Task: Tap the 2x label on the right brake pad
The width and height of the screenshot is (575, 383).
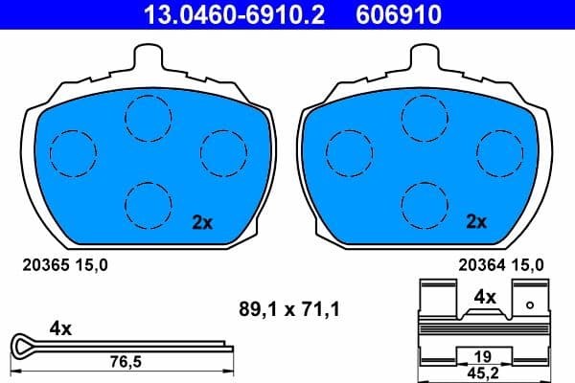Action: (476, 222)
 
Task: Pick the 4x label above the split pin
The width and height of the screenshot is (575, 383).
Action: (60, 327)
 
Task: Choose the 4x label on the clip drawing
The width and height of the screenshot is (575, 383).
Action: (485, 297)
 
